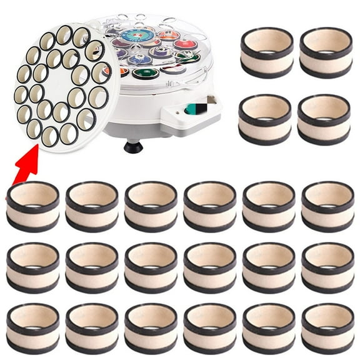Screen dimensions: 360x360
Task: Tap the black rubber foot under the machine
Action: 132,147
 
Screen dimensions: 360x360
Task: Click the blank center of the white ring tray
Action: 59,82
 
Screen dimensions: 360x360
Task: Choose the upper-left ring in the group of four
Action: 267,52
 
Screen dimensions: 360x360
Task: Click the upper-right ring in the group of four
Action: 326,52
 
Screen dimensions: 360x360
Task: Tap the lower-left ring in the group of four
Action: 265,118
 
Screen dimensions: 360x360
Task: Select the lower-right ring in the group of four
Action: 324,118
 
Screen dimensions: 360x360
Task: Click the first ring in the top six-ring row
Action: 33,206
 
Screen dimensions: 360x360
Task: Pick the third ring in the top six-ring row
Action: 151,206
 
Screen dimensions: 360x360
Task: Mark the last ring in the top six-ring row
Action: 327,206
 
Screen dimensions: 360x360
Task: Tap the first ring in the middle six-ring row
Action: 33,267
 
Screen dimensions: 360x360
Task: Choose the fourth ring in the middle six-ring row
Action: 210,267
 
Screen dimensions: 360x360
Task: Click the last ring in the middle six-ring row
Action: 327,267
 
